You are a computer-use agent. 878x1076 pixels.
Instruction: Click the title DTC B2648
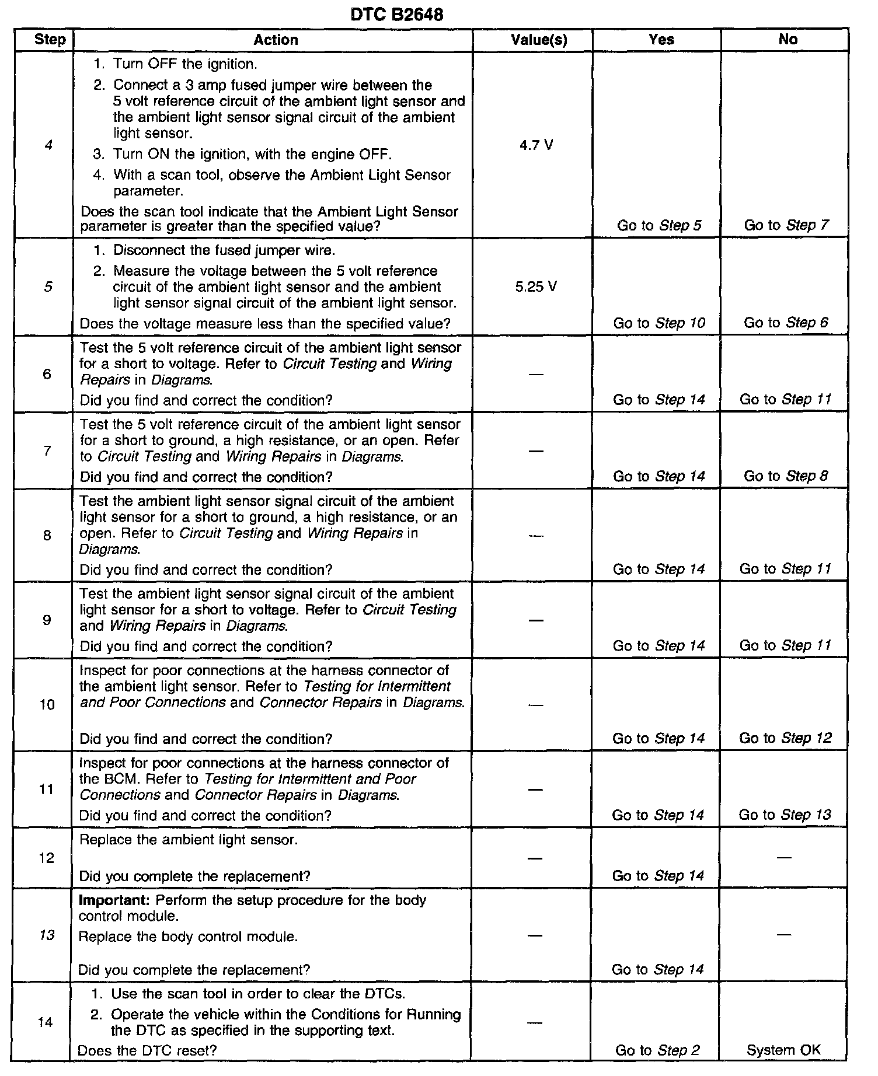pyautogui.click(x=396, y=14)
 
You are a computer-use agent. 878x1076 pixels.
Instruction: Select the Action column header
pyautogui.click(x=276, y=40)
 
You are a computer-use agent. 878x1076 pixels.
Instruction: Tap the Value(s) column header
pyautogui.click(x=539, y=40)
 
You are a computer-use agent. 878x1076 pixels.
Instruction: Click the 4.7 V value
pyautogui.click(x=536, y=145)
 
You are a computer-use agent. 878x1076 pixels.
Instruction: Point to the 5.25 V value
pyautogui.click(x=536, y=287)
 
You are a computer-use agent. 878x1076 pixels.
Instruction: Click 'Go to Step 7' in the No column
pyautogui.click(x=786, y=225)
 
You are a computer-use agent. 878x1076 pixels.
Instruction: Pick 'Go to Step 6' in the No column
pyautogui.click(x=785, y=323)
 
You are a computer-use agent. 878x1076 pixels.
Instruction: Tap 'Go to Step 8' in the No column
pyautogui.click(x=785, y=476)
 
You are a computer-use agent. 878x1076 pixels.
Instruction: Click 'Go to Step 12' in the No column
pyautogui.click(x=785, y=738)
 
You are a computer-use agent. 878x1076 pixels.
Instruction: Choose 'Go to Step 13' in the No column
pyautogui.click(x=784, y=815)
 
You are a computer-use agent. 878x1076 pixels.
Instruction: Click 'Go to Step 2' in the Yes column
pyautogui.click(x=657, y=1050)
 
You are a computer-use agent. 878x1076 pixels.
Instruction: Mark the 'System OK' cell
pyautogui.click(x=783, y=1050)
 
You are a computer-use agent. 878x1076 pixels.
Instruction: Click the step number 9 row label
pyautogui.click(x=47, y=620)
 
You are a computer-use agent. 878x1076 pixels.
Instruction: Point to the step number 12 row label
pyautogui.click(x=47, y=858)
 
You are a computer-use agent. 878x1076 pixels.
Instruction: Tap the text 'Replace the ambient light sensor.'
pyautogui.click(x=188, y=840)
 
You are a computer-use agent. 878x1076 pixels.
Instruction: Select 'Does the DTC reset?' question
pyautogui.click(x=147, y=1050)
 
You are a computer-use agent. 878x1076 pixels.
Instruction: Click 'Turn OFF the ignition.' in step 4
pyautogui.click(x=184, y=64)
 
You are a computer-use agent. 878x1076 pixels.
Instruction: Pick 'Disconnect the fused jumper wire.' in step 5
pyautogui.click(x=224, y=250)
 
